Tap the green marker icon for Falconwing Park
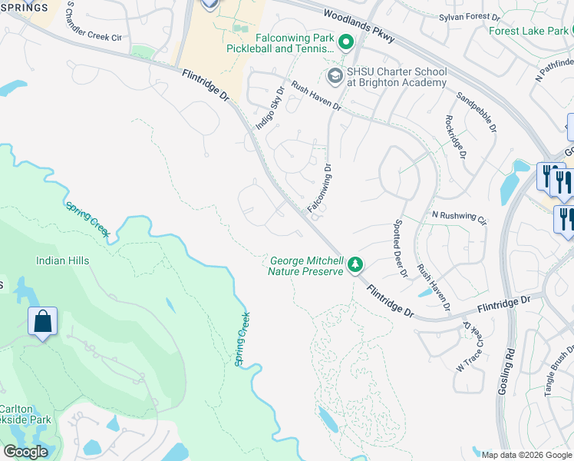[x=345, y=43]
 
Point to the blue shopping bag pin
[x=43, y=321]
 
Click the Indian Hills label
[x=62, y=260]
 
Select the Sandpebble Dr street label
[x=477, y=111]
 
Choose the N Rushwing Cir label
[x=459, y=217]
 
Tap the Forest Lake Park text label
[x=526, y=31]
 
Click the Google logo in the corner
[x=25, y=452]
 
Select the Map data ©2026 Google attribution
[x=526, y=455]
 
